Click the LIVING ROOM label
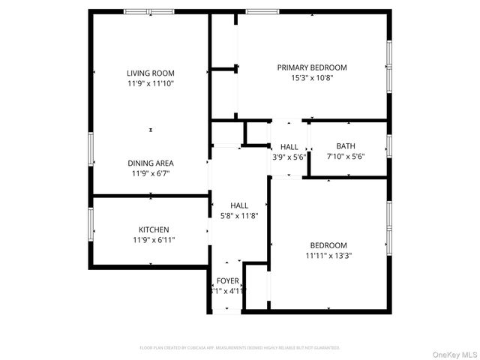tap(151, 73)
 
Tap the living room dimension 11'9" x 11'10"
tap(151, 83)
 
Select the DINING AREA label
tap(151, 163)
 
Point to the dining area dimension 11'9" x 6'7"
tap(151, 173)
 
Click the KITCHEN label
tap(154, 229)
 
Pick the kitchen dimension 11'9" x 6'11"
tap(154, 240)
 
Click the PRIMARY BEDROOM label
tap(312, 67)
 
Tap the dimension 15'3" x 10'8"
tap(312, 77)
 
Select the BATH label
tap(346, 146)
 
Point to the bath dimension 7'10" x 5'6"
tap(346, 157)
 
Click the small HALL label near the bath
tap(289, 147)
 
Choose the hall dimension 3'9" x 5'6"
tap(289, 157)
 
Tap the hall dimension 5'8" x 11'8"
tap(239, 216)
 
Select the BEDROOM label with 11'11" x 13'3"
tap(328, 245)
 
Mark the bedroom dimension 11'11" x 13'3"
tap(328, 256)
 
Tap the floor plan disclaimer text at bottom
tap(240, 348)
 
